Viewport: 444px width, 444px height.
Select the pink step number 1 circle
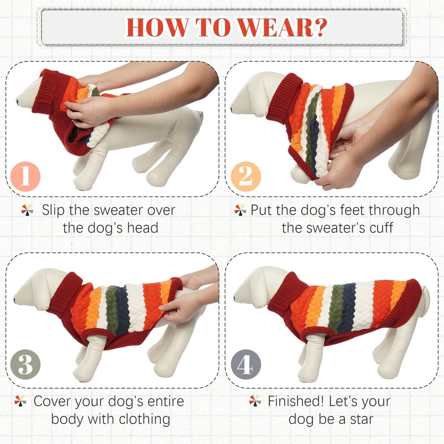tap(25, 177)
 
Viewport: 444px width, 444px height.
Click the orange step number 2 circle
tap(246, 177)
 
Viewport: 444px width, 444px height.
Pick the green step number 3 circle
tap(25, 364)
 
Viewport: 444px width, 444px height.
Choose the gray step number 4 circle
tap(246, 364)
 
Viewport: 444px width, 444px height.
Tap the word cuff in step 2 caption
tap(381, 228)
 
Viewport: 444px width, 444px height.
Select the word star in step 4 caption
tap(362, 419)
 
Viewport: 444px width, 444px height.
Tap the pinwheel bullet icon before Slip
tap(27, 210)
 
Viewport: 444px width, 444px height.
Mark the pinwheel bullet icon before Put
tap(240, 210)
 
